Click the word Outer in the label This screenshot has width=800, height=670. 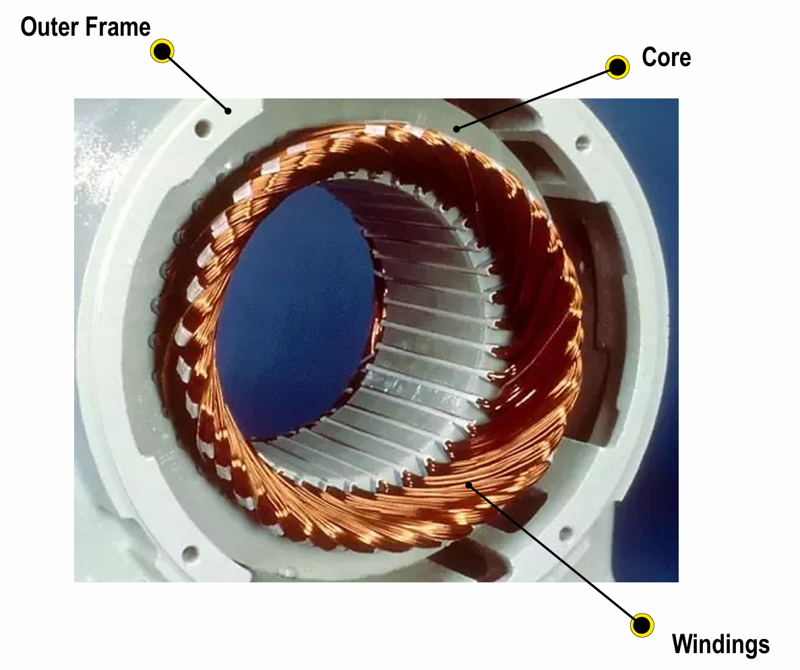[x=49, y=27]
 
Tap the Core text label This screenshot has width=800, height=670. [x=667, y=57]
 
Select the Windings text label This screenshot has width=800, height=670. [x=720, y=644]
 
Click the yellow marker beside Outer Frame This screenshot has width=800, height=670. [x=162, y=51]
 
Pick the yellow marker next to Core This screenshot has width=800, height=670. [x=617, y=67]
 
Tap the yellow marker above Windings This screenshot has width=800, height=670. [x=642, y=625]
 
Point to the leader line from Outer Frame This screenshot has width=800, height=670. [x=195, y=81]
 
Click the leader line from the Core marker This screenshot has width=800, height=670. [x=537, y=98]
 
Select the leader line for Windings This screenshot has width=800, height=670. [x=555, y=555]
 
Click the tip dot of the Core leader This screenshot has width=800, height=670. [x=457, y=129]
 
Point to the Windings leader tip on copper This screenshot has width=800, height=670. [x=469, y=484]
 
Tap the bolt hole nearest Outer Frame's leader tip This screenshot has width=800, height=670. [x=204, y=127]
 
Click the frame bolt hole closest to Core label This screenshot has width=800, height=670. [x=582, y=142]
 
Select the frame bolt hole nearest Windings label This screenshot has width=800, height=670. [x=565, y=534]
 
